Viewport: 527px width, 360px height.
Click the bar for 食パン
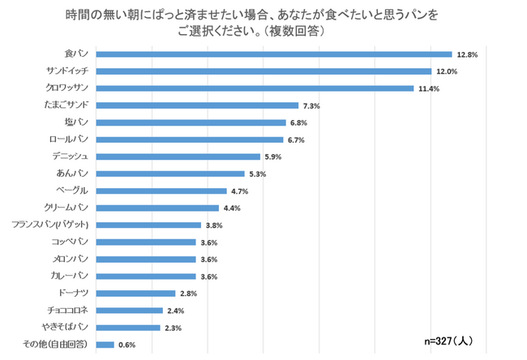tap(274, 54)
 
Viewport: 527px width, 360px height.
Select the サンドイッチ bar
tap(263, 71)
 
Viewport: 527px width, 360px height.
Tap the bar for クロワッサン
tap(255, 88)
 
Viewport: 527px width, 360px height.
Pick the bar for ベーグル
tap(161, 191)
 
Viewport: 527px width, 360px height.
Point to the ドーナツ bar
tap(135, 294)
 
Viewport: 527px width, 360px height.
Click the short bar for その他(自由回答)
tap(105, 345)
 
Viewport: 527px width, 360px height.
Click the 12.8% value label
tap(468, 54)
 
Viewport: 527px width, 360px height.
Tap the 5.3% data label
tap(259, 174)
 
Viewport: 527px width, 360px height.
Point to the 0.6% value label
tap(128, 345)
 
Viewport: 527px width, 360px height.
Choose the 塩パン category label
tap(79, 122)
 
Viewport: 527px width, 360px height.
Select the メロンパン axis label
tap(72, 259)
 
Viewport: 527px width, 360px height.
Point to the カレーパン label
tap(73, 276)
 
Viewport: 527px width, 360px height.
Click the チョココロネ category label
tap(68, 311)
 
